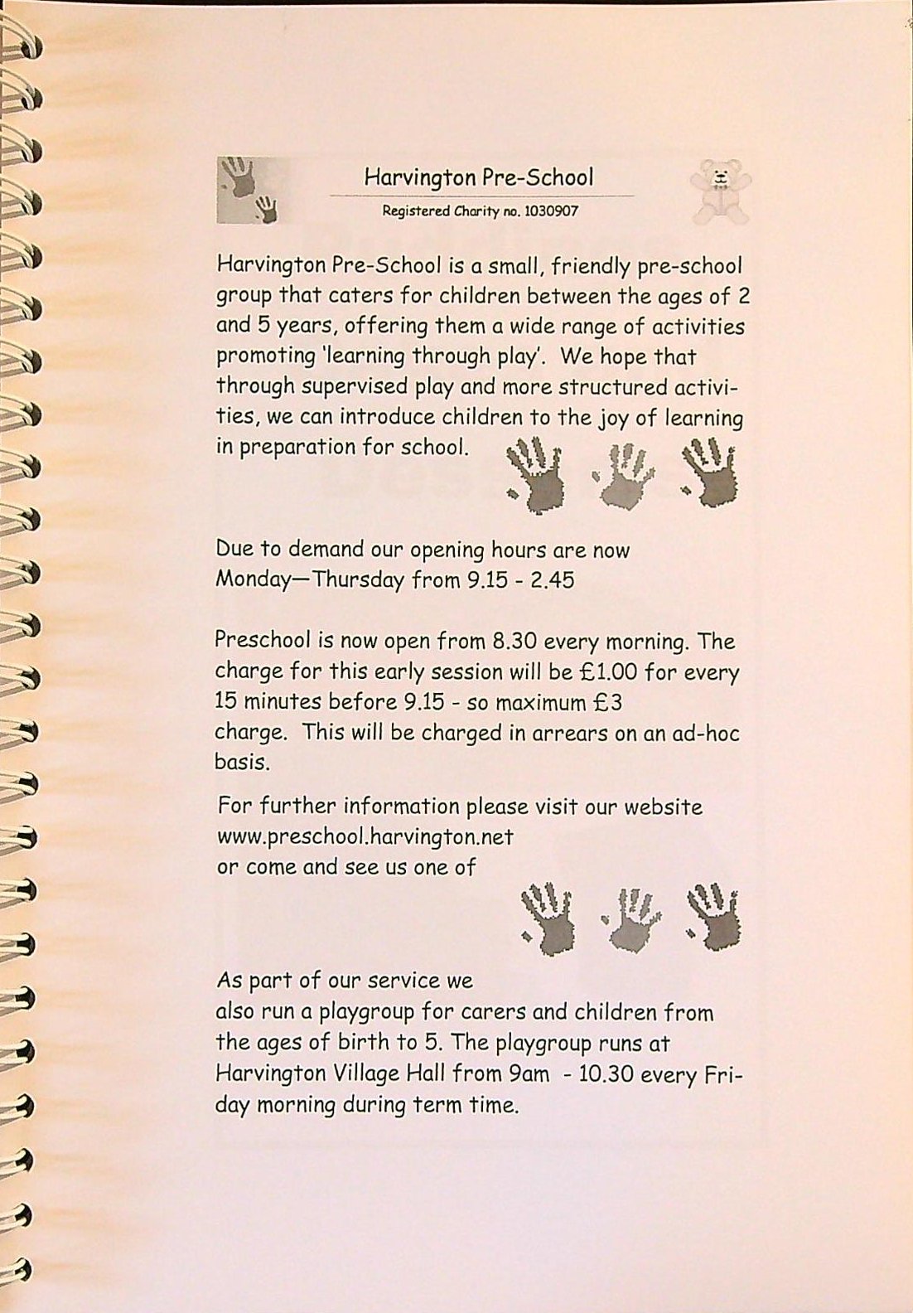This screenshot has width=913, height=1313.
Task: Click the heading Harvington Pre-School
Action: pos(479,177)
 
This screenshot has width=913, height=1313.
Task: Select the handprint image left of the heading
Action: pos(254,191)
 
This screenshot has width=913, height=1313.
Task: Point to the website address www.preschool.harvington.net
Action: pos(365,837)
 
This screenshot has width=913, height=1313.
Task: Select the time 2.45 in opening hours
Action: pos(552,579)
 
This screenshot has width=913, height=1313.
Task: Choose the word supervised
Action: pos(355,387)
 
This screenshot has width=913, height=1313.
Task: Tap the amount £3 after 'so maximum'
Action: pos(609,703)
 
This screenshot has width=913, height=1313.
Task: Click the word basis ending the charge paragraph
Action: pos(242,763)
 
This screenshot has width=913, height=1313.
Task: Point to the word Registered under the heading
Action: pos(416,211)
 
